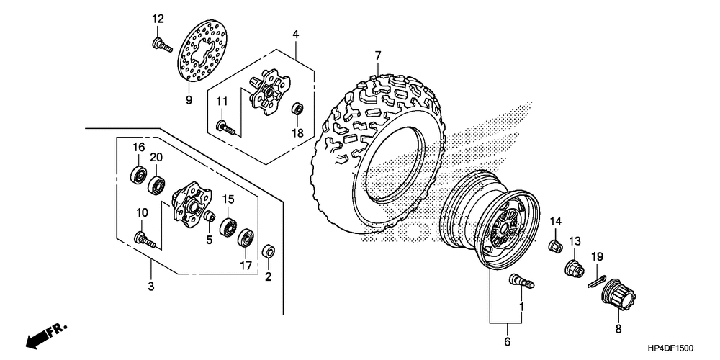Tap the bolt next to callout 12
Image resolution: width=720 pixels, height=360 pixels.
[161, 45]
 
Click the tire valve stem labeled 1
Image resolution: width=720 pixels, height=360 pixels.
[521, 282]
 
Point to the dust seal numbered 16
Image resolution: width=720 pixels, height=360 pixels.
[136, 174]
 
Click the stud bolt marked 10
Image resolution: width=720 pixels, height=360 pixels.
[143, 239]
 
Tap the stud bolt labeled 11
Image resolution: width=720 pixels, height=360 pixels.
[227, 128]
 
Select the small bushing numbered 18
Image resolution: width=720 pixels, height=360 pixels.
[296, 109]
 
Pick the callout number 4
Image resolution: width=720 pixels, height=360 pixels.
[295, 35]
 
